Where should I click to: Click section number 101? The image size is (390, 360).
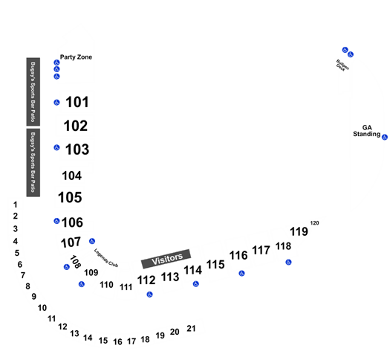tap(77, 102)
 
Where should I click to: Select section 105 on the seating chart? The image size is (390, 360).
tap(70, 197)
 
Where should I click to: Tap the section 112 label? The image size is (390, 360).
tap(146, 280)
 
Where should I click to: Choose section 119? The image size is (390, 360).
tap(299, 231)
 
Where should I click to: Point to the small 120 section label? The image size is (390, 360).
tap(315, 223)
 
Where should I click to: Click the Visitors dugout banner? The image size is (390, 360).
tap(166, 259)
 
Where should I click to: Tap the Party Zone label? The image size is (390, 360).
tap(76, 57)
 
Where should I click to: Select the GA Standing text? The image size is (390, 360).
tap(367, 131)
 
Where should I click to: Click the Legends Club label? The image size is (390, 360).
tap(106, 258)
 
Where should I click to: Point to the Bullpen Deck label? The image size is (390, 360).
tap(342, 65)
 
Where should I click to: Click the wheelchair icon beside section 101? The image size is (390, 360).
tap(56, 103)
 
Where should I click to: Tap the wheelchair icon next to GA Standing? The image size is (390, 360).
tap(385, 137)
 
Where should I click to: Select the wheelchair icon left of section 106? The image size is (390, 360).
tap(56, 221)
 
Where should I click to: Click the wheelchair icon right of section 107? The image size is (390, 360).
tap(92, 241)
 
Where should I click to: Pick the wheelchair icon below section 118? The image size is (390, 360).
tap(288, 262)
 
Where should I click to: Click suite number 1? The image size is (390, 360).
tap(16, 205)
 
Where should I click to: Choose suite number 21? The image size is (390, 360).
tap(191, 329)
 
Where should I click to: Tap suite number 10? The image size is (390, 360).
tap(42, 308)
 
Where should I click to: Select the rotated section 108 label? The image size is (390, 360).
tap(75, 262)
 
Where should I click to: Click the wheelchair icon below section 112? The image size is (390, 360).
tap(149, 295)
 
